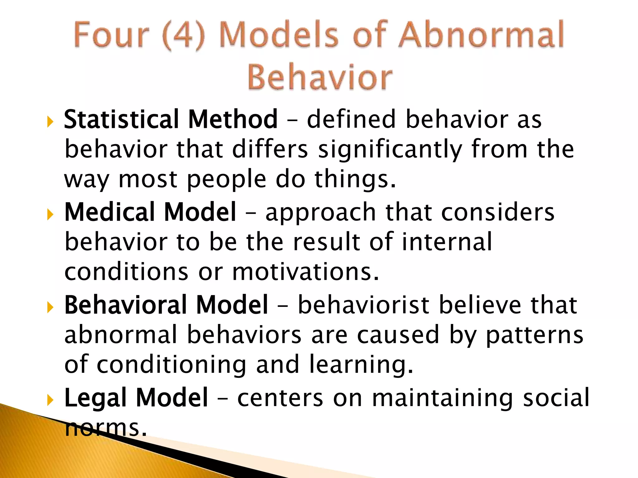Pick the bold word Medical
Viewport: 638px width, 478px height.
pyautogui.click(x=109, y=212)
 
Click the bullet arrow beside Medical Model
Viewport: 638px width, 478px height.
pyautogui.click(x=50, y=215)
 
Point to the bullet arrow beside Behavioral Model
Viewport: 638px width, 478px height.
pyautogui.click(x=50, y=307)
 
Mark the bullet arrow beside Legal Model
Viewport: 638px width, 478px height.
pyautogui.click(x=50, y=400)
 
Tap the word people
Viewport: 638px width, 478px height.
pyautogui.click(x=227, y=180)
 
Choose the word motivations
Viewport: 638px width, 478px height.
pyautogui.click(x=306, y=272)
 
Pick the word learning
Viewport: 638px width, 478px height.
pyautogui.click(x=361, y=365)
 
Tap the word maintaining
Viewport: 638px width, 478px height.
pyautogui.click(x=443, y=398)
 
